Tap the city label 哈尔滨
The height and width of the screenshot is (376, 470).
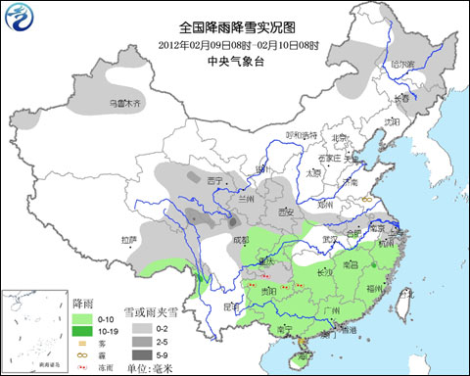400,64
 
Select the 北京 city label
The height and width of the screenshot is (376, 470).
340,138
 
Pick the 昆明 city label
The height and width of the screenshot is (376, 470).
232,305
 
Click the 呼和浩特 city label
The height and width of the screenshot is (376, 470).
302,134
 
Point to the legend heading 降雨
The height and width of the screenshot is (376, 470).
83,305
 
